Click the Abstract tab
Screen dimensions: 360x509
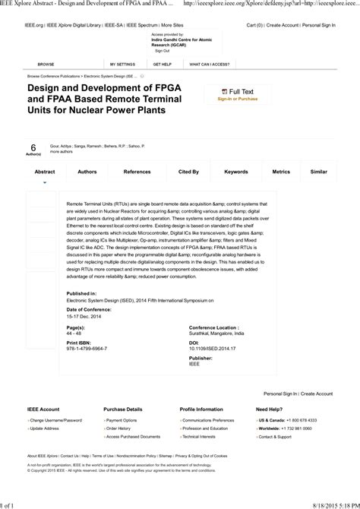tap(45, 172)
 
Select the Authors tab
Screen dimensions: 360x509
tap(87, 172)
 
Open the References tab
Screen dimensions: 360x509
tap(137, 172)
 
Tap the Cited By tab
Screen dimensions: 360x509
tap(188, 172)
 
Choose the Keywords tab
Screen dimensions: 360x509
tap(236, 172)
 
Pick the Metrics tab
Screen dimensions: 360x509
tap(281, 172)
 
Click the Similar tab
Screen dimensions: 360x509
tap(319, 172)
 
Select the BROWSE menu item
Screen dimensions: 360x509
tap(46, 65)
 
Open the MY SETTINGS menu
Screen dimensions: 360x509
tap(122, 65)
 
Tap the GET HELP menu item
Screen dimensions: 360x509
tap(162, 65)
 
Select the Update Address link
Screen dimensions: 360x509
tap(45, 428)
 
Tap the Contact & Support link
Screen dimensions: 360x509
tap(275, 437)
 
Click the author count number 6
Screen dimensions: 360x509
tap(33, 147)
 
